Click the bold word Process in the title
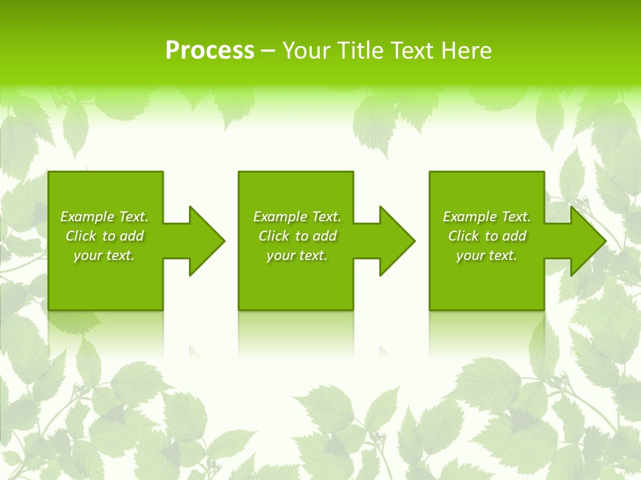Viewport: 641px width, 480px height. (x=210, y=51)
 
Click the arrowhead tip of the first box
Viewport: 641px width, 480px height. (x=223, y=241)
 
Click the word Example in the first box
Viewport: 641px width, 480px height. (x=87, y=217)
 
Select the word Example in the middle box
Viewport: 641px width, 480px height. (x=280, y=217)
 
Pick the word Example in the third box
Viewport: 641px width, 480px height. (x=470, y=217)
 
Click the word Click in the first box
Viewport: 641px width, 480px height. (x=81, y=236)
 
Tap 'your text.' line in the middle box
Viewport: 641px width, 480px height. (x=296, y=255)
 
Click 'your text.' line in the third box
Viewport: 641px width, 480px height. (x=486, y=255)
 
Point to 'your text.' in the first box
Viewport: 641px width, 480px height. (x=104, y=255)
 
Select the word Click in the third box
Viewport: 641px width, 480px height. (x=463, y=236)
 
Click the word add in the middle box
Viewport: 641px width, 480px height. (x=325, y=236)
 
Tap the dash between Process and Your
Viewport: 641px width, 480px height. (x=268, y=51)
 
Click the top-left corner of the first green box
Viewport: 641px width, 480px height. (x=49, y=173)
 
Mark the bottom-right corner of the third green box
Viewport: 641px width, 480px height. (x=544, y=309)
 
